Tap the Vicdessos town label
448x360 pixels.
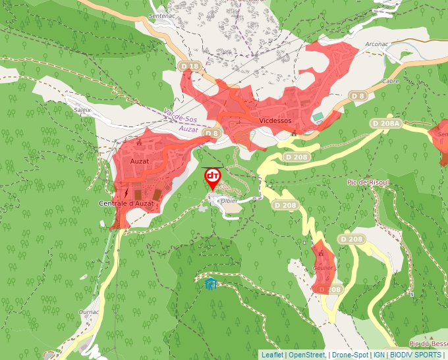[x=275, y=121]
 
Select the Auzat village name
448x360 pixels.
[x=140, y=161]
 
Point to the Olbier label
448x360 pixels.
[x=229, y=200]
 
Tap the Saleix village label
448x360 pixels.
[x=82, y=111]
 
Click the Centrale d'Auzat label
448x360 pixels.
[x=126, y=203]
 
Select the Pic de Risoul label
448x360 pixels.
[x=368, y=182]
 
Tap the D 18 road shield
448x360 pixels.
[x=189, y=66]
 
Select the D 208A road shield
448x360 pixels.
[x=385, y=123]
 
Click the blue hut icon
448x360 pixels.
[x=210, y=284]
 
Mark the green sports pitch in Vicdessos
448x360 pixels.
[x=318, y=116]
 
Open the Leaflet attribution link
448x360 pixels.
[x=272, y=355]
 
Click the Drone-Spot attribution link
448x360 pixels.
[x=350, y=355]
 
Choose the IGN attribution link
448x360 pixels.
[x=379, y=355]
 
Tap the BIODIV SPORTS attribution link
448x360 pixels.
[x=415, y=355]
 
